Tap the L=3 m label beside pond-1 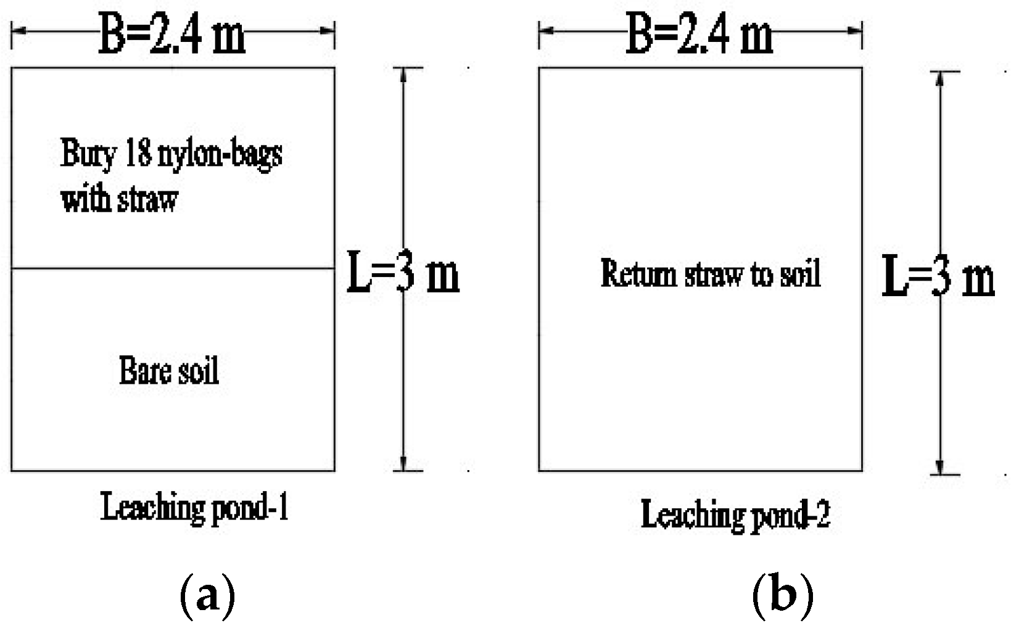coord(403,271)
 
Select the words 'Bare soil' coord(169,371)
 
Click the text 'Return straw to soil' coord(711,273)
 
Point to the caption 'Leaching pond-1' coord(195,508)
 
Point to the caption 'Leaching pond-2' coord(735,514)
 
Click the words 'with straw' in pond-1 coord(120,199)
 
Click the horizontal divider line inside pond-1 coord(173,268)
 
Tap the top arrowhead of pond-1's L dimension coord(403,74)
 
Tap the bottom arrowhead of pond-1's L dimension coord(403,464)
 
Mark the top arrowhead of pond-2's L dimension coord(940,78)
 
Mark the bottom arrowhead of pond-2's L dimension coord(940,467)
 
